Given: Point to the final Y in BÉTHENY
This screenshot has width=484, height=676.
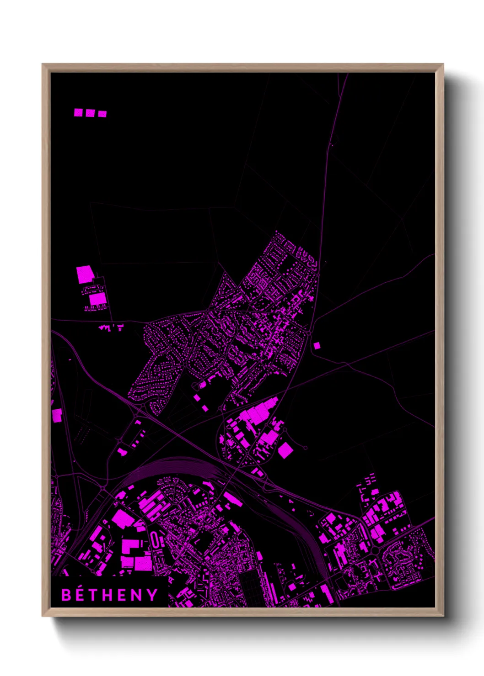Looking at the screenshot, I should pos(153,595).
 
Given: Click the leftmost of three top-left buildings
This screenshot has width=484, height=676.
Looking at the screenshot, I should pos(79,112).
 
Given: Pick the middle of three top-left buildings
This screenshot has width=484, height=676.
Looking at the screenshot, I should pos(90,113).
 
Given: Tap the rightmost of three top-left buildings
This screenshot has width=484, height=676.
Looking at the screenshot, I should pos(102,114).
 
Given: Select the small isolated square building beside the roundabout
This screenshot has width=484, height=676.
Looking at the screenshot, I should pos(317,346).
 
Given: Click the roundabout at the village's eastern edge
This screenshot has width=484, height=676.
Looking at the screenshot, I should pos(310,333).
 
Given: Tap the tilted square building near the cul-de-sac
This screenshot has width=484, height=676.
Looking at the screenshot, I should pos(285,450).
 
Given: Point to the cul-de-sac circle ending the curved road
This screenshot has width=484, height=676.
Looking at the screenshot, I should pos(305,448).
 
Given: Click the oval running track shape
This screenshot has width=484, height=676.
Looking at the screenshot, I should pos(156,540).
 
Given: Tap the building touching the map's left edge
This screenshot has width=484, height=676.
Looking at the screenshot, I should pos(56,415).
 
